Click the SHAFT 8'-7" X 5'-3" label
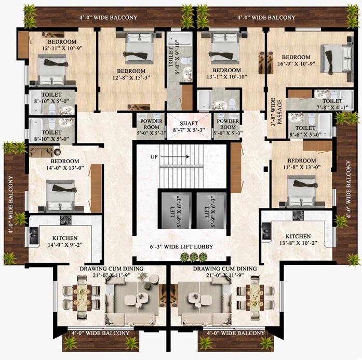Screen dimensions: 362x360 189,127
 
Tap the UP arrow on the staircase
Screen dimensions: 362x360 175,157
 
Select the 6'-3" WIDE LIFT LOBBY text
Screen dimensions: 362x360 181,247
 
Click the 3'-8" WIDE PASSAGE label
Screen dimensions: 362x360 276,112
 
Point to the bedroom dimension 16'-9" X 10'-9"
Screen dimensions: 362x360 296,63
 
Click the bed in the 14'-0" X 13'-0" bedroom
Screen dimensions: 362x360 60,195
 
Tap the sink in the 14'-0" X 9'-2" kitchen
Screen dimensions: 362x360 34,235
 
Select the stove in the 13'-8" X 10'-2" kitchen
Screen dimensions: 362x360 298,216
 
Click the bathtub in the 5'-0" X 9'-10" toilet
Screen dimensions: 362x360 179,39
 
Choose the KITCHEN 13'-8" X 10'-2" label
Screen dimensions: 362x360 298,239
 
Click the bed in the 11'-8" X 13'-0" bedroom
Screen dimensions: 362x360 301,191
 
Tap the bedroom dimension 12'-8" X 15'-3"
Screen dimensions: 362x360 131,77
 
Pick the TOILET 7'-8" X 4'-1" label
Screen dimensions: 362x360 332,104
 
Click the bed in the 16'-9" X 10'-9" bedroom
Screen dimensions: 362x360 337,60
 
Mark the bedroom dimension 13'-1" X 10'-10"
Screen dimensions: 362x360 227,77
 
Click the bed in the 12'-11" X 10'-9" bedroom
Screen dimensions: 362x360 52,70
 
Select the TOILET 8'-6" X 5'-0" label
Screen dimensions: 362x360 305,131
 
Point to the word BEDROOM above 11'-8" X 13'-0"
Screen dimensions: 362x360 302,161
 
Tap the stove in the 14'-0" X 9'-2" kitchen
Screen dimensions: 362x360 66,220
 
